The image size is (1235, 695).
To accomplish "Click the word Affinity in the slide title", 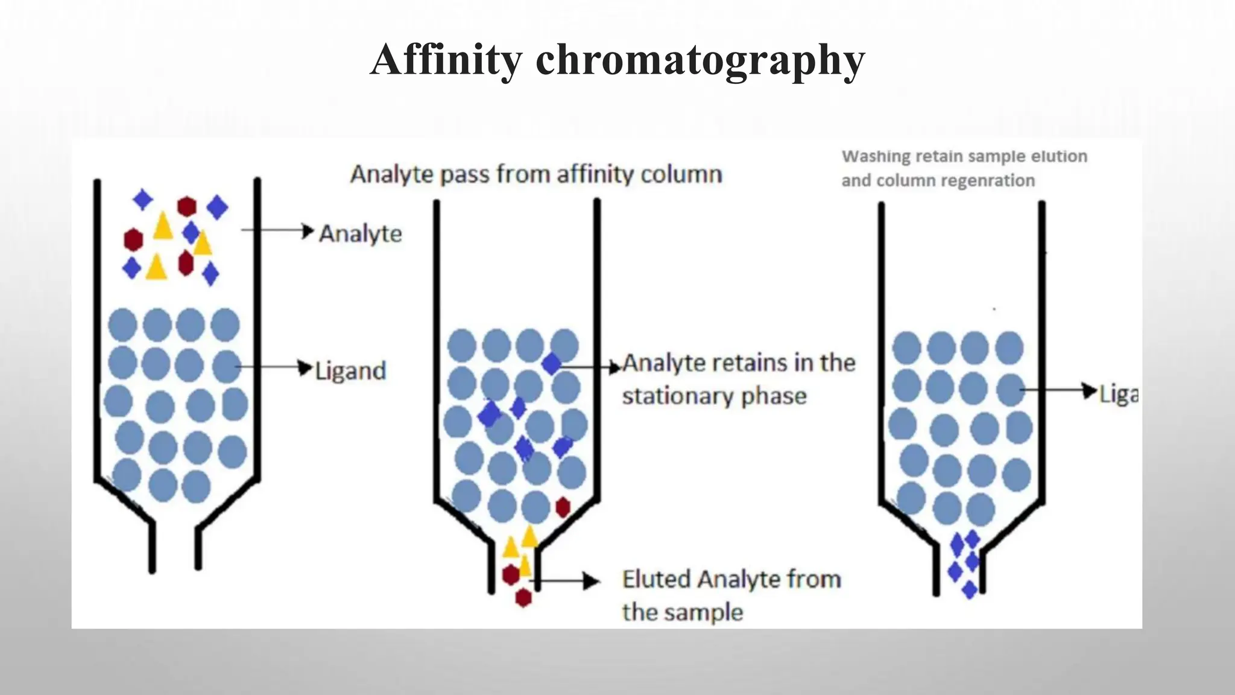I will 446,60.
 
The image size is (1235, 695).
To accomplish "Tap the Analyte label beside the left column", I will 361,233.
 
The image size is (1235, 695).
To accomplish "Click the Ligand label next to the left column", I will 351,370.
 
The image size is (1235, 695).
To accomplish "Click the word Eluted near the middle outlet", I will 656,579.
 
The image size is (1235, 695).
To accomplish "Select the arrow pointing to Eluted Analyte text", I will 567,581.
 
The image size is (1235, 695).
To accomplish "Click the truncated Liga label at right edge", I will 1119,394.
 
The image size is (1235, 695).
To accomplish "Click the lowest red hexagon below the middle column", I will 523,597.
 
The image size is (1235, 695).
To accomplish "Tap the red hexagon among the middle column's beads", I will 563,507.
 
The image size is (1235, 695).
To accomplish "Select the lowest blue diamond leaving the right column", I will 969,589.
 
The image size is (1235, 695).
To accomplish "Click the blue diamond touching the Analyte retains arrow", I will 551,364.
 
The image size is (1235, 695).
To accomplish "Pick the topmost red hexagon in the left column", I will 187,206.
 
